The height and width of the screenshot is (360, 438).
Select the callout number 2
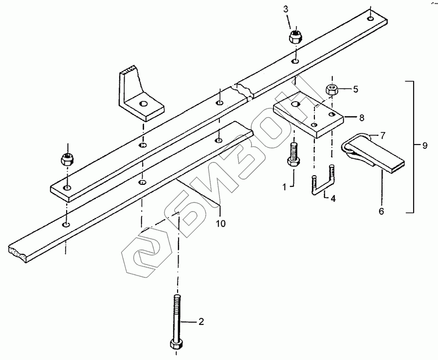[x=200, y=322]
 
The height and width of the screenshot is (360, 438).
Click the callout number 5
[x=355, y=89]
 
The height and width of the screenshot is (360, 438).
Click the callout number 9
[x=425, y=145]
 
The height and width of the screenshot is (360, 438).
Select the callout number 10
[x=221, y=223]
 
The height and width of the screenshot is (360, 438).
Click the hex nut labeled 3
[x=294, y=36]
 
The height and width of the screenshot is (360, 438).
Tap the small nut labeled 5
[x=332, y=89]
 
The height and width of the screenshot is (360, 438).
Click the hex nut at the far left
[x=67, y=158]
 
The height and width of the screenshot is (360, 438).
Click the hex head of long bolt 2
[x=176, y=344]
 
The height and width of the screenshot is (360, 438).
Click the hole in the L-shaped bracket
[x=143, y=104]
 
